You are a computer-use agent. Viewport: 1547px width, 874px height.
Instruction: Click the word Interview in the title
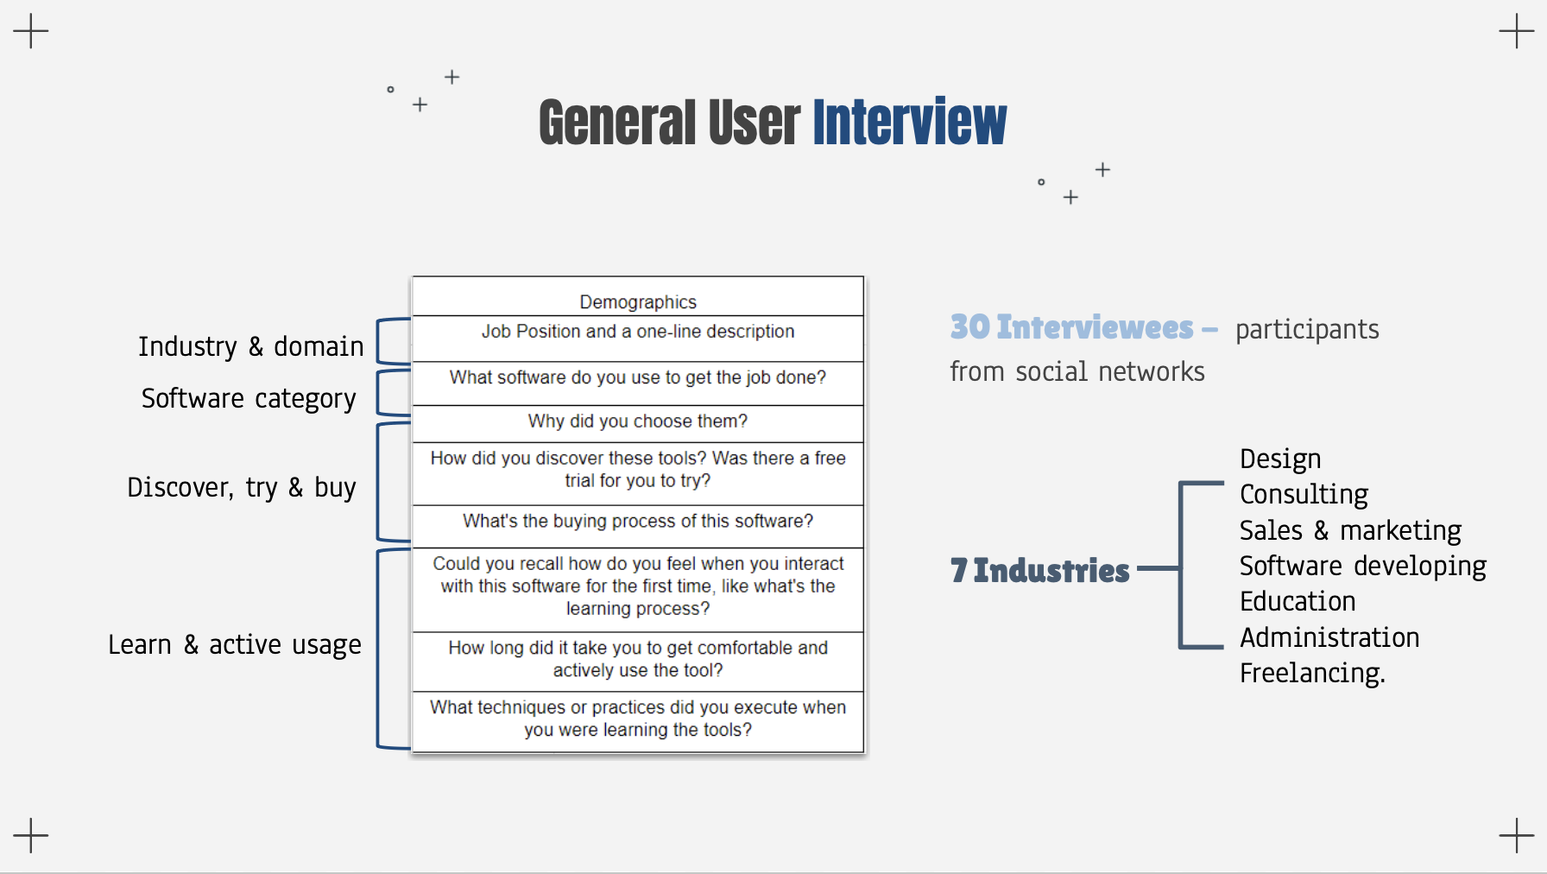(x=909, y=123)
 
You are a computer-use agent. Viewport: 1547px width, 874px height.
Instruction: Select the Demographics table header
(x=638, y=301)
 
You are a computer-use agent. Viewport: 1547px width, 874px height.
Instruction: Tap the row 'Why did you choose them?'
(x=638, y=421)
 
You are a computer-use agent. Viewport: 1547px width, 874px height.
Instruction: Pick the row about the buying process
(x=638, y=522)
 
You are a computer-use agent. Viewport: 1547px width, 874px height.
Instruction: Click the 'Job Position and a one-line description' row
(x=638, y=332)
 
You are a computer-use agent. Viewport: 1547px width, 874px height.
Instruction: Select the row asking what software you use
(x=638, y=377)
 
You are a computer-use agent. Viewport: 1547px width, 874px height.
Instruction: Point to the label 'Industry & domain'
(x=250, y=346)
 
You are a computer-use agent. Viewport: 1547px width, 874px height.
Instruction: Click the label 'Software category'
(x=249, y=398)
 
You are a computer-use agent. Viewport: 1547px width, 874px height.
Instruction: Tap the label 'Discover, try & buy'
(x=242, y=487)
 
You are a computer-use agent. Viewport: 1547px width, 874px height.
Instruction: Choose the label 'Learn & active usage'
(x=235, y=644)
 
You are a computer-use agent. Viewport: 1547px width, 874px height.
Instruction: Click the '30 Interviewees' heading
(x=1072, y=327)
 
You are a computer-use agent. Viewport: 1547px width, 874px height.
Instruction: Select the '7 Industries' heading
(x=1040, y=570)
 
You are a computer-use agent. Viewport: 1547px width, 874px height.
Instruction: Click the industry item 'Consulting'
(x=1304, y=494)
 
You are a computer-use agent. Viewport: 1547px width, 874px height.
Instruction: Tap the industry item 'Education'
(x=1298, y=601)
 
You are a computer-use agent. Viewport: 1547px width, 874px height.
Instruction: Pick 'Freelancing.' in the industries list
(x=1312, y=673)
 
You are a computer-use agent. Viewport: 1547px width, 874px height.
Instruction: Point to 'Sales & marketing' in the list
(x=1350, y=530)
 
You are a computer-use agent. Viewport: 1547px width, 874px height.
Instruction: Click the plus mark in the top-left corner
(x=31, y=31)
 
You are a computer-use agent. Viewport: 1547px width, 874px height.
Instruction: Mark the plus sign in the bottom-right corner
(x=1516, y=835)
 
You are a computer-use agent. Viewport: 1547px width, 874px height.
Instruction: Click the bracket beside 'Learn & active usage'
(x=379, y=648)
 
